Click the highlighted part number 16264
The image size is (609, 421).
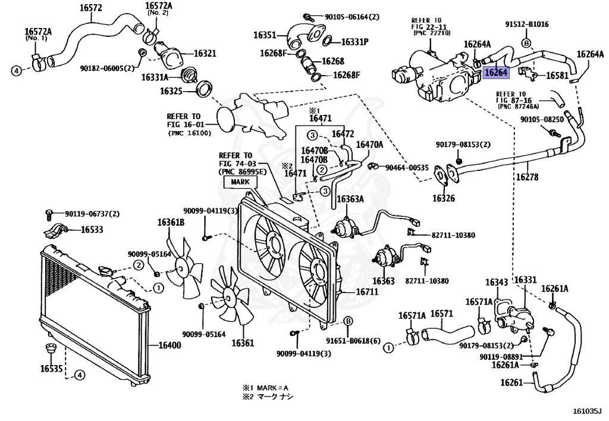[x=496, y=72]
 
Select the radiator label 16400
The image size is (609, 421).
[x=169, y=345]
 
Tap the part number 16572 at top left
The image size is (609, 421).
[x=91, y=8]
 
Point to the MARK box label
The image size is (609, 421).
[x=240, y=182]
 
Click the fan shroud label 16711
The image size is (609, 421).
[x=367, y=292]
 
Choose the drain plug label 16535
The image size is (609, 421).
[x=51, y=368]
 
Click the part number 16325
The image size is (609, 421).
[x=171, y=91]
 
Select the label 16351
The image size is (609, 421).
[x=265, y=35]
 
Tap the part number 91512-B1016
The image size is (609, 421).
[x=527, y=24]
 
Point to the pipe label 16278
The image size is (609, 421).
[x=527, y=177]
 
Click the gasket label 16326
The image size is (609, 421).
[x=444, y=198]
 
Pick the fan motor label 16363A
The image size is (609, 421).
[x=350, y=199]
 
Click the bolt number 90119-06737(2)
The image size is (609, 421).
[x=92, y=214]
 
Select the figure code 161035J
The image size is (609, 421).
[x=587, y=411]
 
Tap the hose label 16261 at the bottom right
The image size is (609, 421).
[x=512, y=382]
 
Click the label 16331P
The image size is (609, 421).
[x=355, y=42]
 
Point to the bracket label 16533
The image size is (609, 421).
[x=92, y=229]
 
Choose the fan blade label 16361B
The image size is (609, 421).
[x=171, y=222]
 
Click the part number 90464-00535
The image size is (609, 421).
[x=407, y=167]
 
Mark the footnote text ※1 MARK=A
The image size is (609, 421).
[x=266, y=388]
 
